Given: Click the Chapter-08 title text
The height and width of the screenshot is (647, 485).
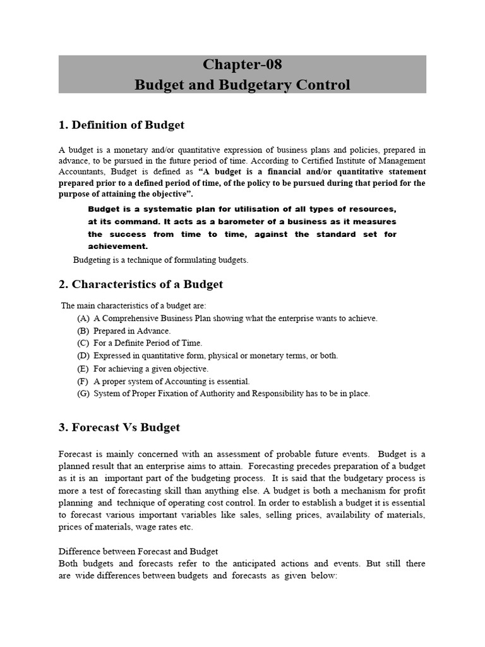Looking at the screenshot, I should (242, 64).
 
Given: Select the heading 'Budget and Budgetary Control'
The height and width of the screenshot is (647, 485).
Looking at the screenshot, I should (242, 85).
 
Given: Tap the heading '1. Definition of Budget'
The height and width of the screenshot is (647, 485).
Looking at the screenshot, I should (121, 125).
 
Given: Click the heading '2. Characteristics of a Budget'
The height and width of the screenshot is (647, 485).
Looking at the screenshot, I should (140, 284).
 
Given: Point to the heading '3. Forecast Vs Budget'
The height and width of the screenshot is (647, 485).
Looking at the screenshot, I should (119, 427).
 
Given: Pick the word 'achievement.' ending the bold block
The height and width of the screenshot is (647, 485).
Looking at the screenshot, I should (117, 246).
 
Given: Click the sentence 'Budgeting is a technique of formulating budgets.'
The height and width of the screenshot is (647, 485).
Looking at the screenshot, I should (161, 260).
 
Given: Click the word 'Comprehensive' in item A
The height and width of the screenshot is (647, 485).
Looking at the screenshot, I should (128, 318).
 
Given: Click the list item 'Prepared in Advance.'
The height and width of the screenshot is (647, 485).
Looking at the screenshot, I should (132, 331).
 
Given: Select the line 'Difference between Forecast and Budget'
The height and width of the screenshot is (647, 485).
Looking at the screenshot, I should (138, 551).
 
